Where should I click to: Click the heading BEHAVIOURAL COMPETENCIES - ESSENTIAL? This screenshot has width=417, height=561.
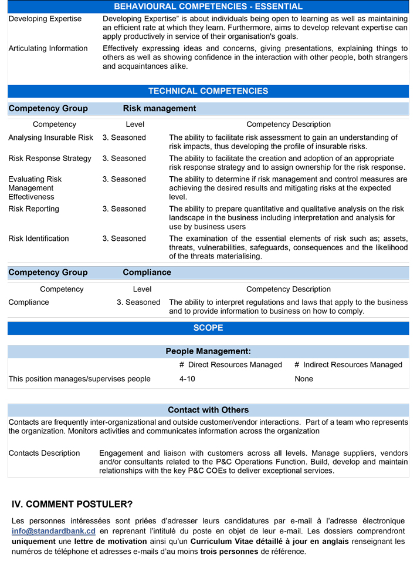pos(208,6)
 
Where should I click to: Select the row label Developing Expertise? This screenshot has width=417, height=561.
pos(45,19)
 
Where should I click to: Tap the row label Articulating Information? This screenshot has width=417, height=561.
pos(48,48)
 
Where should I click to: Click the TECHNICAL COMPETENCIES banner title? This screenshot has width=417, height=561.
pos(208,91)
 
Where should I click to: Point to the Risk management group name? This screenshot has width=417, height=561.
pos(160,108)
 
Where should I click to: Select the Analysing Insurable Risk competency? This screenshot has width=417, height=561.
pos(51,137)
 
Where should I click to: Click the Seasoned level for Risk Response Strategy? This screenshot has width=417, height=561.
pos(124,158)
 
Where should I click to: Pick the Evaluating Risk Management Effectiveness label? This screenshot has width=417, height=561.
pos(35,187)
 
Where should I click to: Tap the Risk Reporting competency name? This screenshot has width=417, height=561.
pos(34,209)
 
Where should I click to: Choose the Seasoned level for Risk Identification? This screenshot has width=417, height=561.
pos(124,238)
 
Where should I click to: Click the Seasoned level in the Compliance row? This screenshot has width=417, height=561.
pos(138,302)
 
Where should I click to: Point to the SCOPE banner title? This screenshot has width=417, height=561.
pos(208,328)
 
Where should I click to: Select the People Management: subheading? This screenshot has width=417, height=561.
pos(208,351)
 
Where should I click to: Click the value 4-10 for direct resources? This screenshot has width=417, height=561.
pos(188,379)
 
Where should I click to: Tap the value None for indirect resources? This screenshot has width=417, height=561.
pos(304,379)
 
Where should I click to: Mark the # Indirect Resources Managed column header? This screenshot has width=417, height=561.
pos(348,364)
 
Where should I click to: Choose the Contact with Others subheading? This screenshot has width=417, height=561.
pos(208,409)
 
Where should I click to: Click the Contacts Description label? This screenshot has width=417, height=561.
pos(44,453)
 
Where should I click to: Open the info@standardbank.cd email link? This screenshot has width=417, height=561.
pos(53,530)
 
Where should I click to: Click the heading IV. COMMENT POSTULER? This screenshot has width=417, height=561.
pos(72,504)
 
